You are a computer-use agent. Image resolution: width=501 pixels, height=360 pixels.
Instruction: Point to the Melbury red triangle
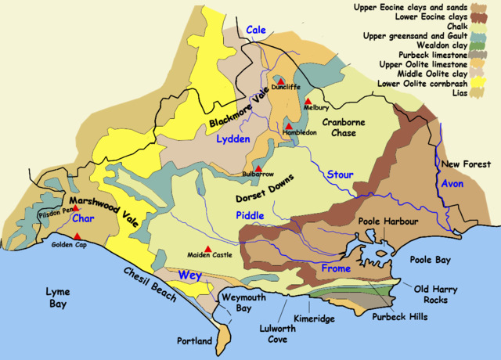[308, 101]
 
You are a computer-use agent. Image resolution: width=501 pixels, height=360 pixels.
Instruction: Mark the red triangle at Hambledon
[288, 125]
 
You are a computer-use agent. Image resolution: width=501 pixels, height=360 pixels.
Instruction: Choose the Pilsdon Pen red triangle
[53, 205]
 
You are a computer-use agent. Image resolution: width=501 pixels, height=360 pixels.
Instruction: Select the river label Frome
[337, 269]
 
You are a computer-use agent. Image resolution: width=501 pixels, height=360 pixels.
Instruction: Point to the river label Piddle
[250, 214]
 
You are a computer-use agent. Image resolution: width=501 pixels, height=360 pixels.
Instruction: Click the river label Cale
[256, 30]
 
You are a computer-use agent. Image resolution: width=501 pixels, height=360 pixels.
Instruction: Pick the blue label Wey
[189, 275]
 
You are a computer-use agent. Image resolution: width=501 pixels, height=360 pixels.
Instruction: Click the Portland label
[195, 342]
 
